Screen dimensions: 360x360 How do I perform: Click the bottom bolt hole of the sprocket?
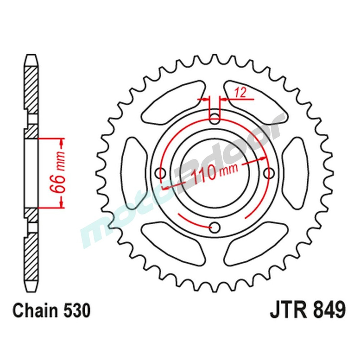coord(215,227)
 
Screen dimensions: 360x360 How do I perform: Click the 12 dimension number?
coord(240,93)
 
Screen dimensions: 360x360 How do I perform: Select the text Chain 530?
coord(51,311)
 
